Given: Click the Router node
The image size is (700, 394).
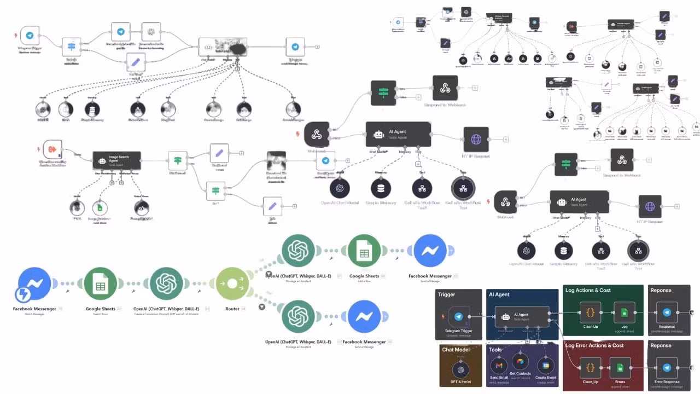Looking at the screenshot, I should click(x=232, y=284).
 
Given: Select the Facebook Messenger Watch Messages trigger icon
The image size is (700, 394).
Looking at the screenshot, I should click(x=34, y=284).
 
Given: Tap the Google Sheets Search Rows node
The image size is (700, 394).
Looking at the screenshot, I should click(x=100, y=284).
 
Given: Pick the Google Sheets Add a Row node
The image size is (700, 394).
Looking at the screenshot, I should click(x=364, y=251).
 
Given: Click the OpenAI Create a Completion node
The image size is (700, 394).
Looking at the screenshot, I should click(x=166, y=284).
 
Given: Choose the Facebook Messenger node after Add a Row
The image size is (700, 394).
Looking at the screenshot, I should click(x=430, y=251).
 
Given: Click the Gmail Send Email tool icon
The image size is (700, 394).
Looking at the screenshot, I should click(x=498, y=366).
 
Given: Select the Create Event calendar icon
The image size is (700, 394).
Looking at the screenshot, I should click(x=545, y=366).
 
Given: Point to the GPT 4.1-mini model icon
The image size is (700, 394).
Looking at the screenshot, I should click(x=460, y=369).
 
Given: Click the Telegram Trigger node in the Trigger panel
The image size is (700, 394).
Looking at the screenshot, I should click(x=458, y=316).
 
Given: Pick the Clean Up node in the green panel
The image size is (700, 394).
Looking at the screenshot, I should click(x=590, y=312).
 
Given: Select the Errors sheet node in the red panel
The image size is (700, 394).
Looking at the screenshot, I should click(x=620, y=367).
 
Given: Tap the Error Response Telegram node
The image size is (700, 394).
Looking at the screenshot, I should click(x=667, y=367).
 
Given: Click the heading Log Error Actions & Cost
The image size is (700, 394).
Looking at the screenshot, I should click(x=594, y=345).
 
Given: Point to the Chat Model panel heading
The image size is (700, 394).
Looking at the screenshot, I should click(x=456, y=350).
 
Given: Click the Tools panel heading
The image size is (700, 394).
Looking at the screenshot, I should click(x=495, y=350).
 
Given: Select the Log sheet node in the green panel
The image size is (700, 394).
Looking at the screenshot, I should click(x=624, y=312).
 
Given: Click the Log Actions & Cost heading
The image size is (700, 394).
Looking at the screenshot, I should click(x=588, y=290).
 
